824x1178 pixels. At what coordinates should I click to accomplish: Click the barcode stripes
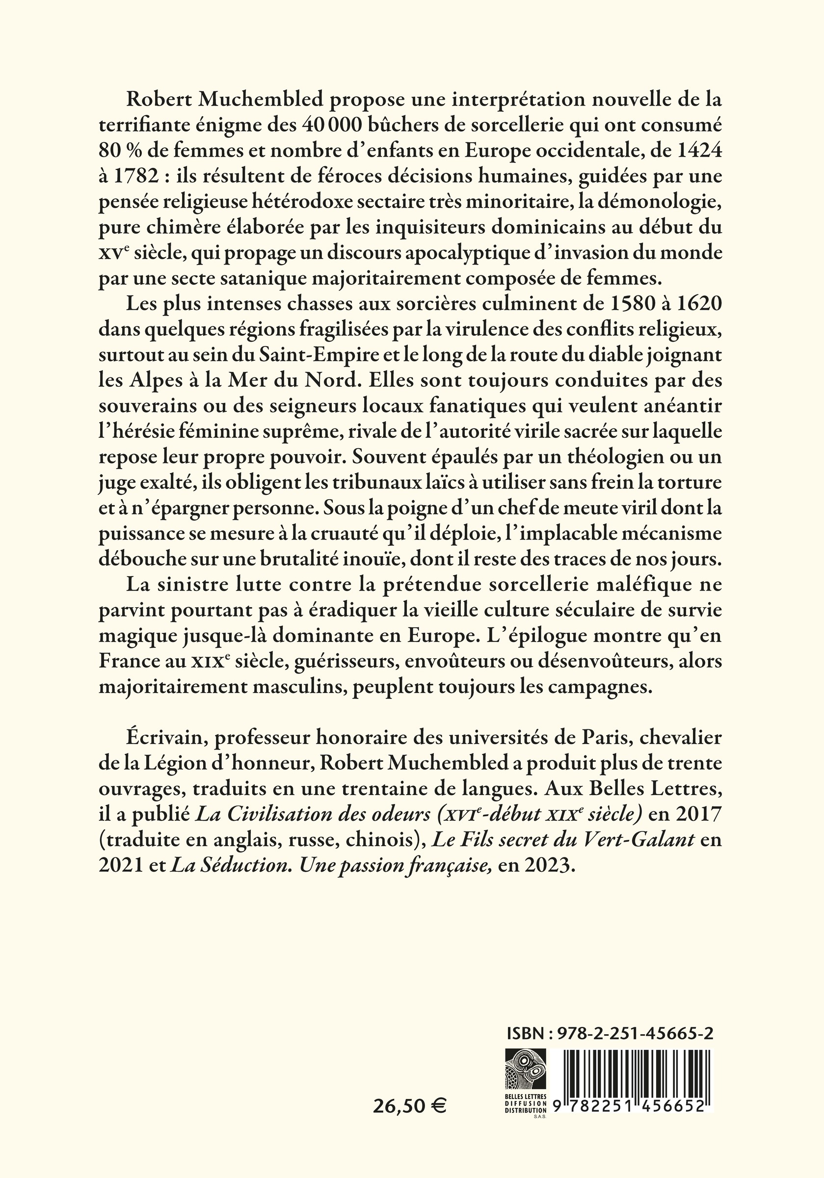[x=636, y=1065]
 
